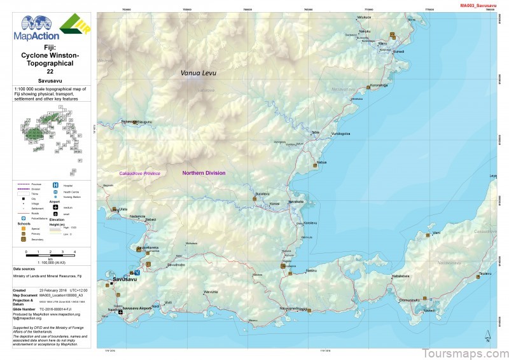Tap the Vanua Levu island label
(x=198, y=73)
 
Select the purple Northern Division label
(x=204, y=173)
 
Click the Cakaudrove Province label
(x=139, y=173)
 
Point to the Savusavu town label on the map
(x=125, y=279)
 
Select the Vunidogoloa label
(x=341, y=134)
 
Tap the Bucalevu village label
(x=263, y=193)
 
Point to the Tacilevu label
(x=485, y=273)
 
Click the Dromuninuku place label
(x=408, y=300)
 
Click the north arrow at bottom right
(x=487, y=336)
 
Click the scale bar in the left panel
(x=50, y=256)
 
